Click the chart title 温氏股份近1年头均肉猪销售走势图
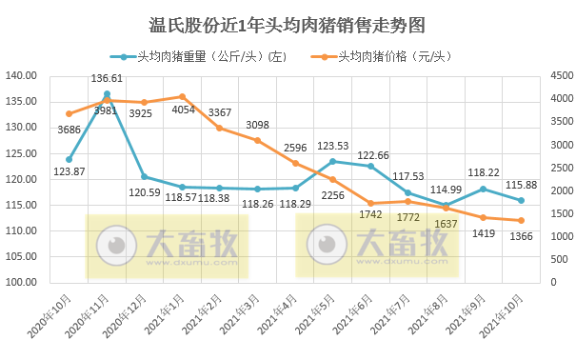(x=288, y=23)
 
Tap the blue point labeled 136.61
(x=107, y=94)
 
